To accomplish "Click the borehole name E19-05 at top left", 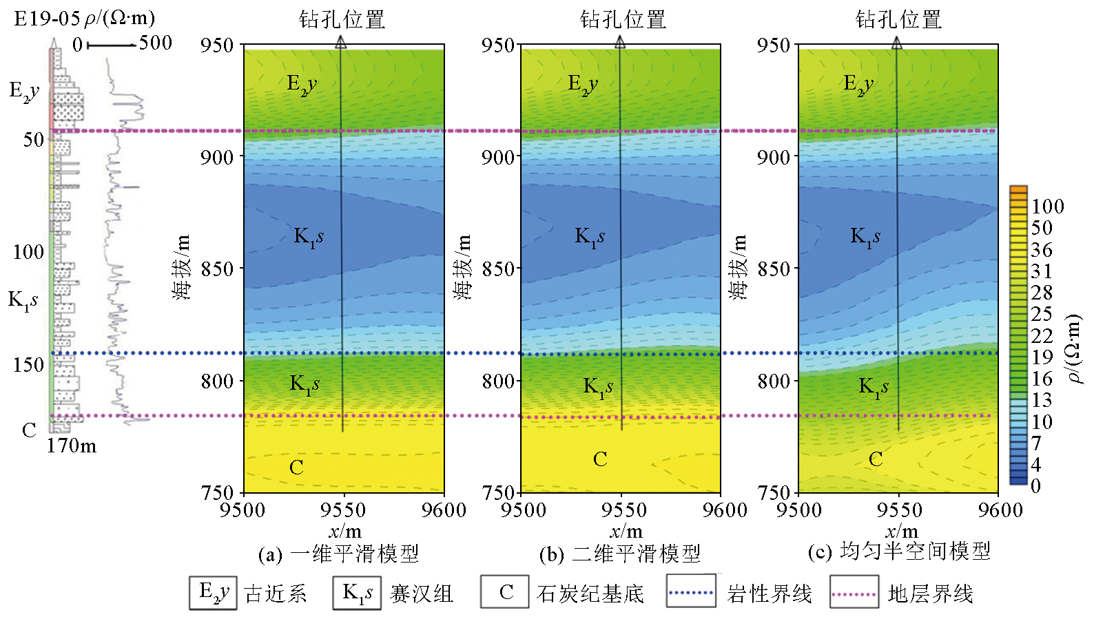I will [47, 18].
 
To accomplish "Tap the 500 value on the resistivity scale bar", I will [155, 43].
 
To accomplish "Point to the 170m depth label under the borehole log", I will [72, 446].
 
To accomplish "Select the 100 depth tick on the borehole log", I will [28, 252].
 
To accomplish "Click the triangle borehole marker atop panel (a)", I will [341, 43].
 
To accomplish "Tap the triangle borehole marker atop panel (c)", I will [897, 43].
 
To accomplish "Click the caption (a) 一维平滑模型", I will [338, 554].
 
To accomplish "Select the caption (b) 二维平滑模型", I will [619, 554].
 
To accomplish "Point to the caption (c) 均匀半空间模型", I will [899, 552].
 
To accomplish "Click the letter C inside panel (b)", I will [600, 459].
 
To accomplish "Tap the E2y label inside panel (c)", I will [858, 84].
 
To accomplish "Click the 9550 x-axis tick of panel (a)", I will [343, 510].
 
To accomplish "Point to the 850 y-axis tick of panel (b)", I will [497, 269].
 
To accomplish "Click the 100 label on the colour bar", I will [1047, 206].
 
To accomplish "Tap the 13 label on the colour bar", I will [1041, 400].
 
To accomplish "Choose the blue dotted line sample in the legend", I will [691, 592].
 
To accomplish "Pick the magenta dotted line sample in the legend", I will [854, 593].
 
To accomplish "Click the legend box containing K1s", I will [358, 592].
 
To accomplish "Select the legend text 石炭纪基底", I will [590, 594].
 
